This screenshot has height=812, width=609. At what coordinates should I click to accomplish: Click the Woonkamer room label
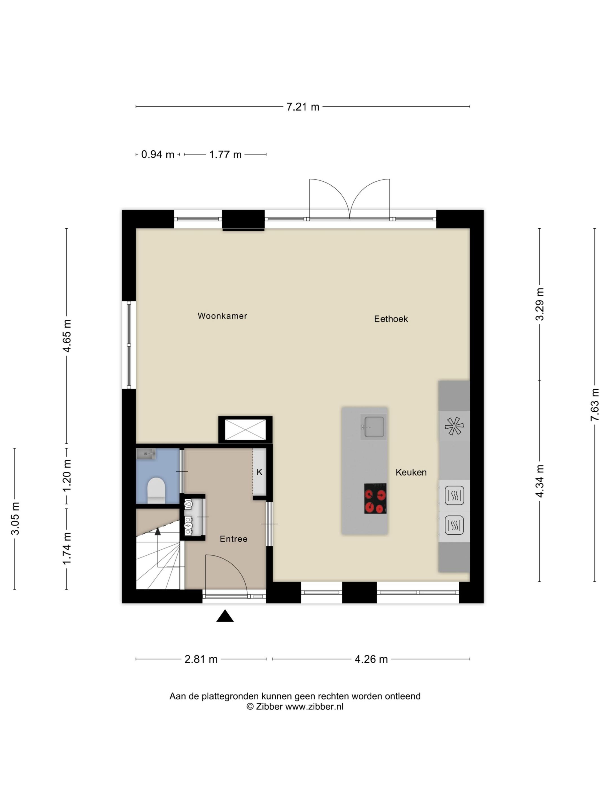pyautogui.click(x=222, y=316)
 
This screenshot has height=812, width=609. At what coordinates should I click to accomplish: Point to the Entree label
pyautogui.click(x=233, y=539)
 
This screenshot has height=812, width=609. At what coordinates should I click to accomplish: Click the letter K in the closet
pyautogui.click(x=259, y=472)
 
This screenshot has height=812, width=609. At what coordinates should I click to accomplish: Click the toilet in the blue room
pyautogui.click(x=156, y=490)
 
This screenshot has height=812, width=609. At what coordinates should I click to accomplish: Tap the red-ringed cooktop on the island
pyautogui.click(x=375, y=498)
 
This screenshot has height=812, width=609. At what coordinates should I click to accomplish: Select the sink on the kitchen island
pyautogui.click(x=373, y=427)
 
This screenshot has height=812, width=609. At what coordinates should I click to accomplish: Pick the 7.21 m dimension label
pyautogui.click(x=303, y=107)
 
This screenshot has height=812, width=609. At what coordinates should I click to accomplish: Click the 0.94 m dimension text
pyautogui.click(x=158, y=155)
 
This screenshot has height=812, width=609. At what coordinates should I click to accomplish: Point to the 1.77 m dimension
pyautogui.click(x=225, y=155)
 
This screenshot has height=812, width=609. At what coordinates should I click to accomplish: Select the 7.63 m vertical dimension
pyautogui.click(x=595, y=404)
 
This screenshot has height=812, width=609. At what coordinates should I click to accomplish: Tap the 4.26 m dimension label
pyautogui.click(x=371, y=659)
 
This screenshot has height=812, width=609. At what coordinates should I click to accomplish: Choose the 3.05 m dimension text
pyautogui.click(x=15, y=518)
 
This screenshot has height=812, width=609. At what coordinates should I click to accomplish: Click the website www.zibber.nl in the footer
pyautogui.click(x=314, y=706)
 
